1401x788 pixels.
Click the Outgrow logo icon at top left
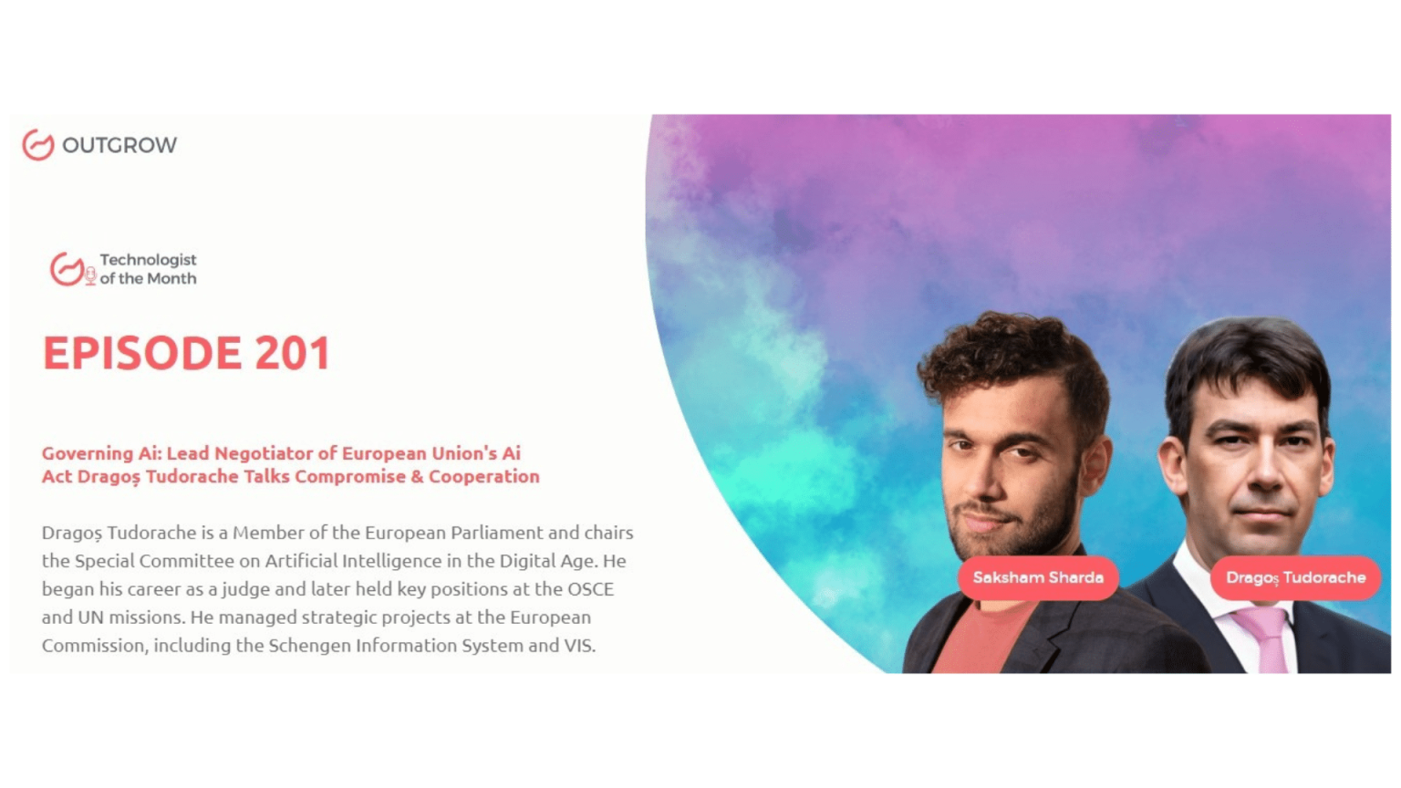click(x=38, y=144)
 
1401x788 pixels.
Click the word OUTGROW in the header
click(x=119, y=145)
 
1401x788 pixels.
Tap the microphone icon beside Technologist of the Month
click(x=90, y=275)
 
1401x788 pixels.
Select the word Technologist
click(x=149, y=260)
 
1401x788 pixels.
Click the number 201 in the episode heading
click(x=293, y=353)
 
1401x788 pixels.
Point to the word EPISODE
click(x=142, y=353)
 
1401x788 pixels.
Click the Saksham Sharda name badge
click(x=1038, y=578)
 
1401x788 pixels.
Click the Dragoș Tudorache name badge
click(x=1295, y=578)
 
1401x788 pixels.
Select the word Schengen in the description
click(x=309, y=646)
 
